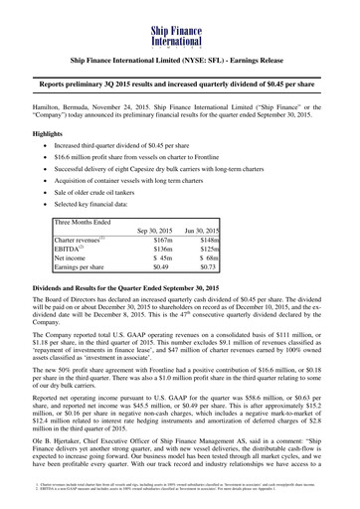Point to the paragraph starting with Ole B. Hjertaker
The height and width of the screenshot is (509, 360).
tap(180, 455)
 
